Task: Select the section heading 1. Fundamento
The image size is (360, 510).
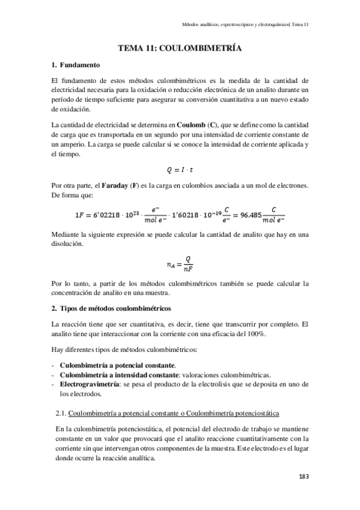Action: pos(76,64)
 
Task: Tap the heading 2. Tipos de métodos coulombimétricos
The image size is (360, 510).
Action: pos(112,309)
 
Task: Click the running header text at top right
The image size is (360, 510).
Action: pos(245,25)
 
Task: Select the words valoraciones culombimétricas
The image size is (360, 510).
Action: pos(230,374)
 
